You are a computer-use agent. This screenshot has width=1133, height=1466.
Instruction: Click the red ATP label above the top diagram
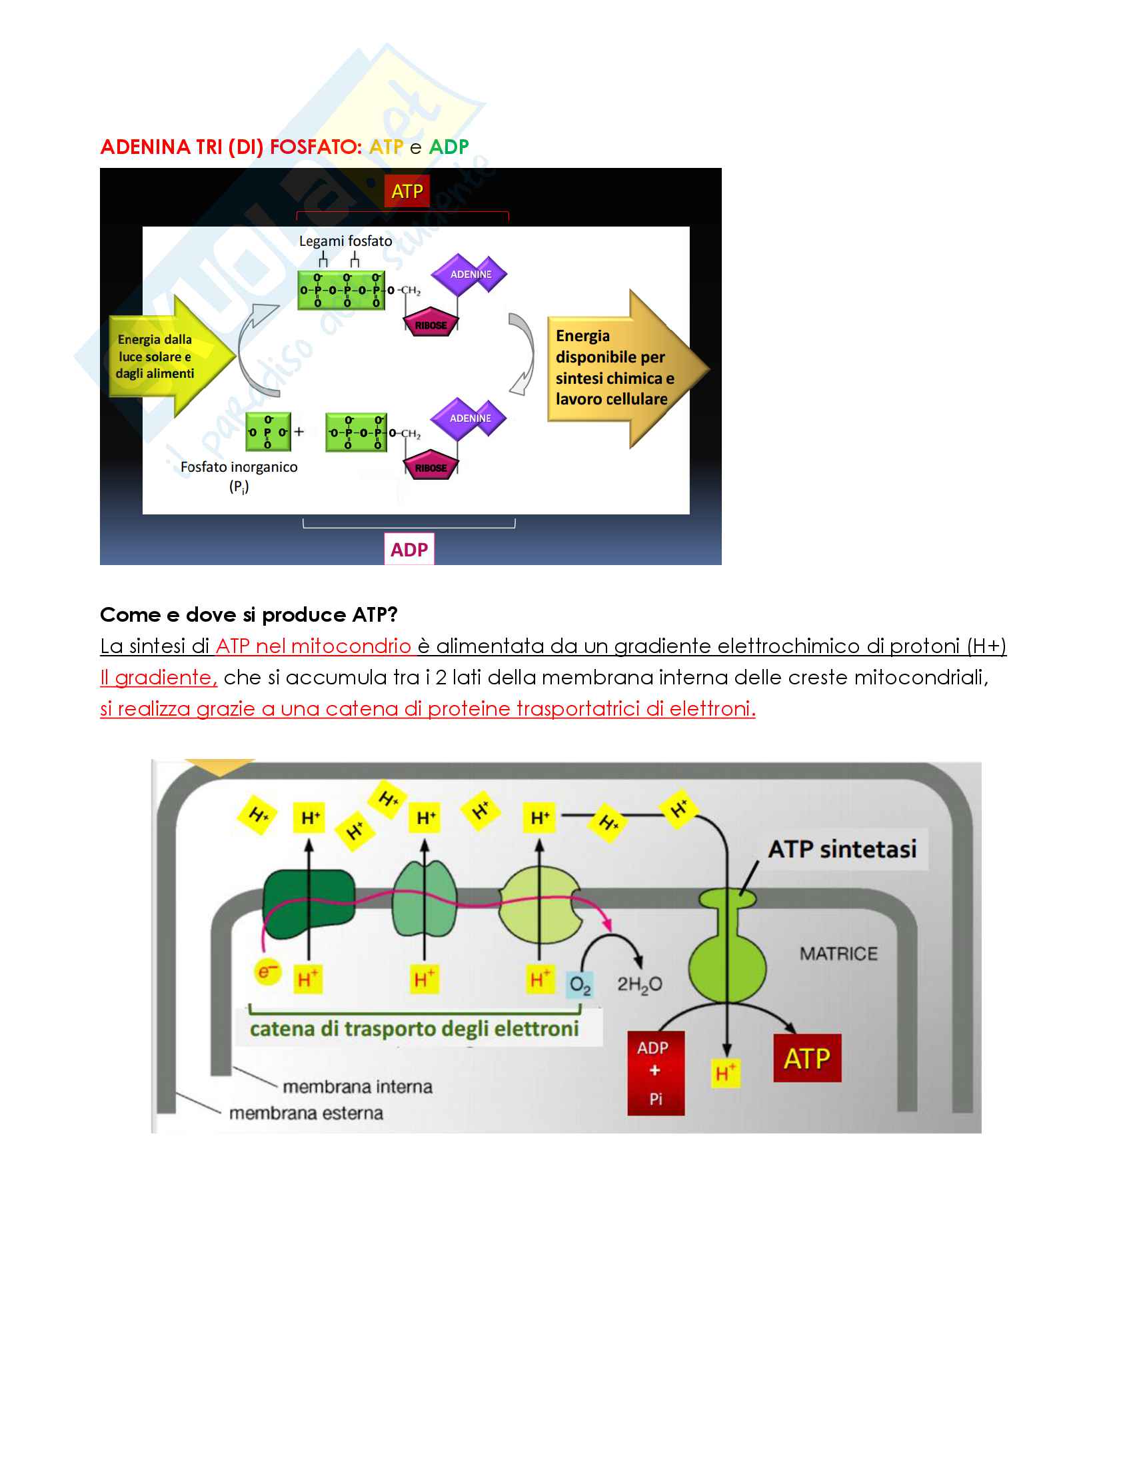coord(407,191)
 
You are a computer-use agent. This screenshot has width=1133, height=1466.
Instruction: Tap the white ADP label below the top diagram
coord(409,549)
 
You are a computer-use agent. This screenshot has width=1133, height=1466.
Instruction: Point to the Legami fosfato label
coord(345,241)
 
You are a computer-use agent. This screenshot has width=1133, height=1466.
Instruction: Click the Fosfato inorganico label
coord(239,467)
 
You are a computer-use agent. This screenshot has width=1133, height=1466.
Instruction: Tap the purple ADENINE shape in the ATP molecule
coord(470,275)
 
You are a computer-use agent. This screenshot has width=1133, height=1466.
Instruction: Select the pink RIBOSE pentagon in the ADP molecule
coord(431,468)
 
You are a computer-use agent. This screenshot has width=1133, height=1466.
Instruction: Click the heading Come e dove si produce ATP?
coord(249,614)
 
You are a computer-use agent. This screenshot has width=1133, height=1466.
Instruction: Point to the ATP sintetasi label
coord(842,849)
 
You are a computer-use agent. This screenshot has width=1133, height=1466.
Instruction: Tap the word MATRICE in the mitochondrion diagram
coord(838,954)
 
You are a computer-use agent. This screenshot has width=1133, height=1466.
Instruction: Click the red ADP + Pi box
coord(655,1073)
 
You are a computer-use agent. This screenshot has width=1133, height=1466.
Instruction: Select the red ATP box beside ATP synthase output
coord(807,1059)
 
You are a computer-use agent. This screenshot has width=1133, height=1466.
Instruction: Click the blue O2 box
coord(579,985)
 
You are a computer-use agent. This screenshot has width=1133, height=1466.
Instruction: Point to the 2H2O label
coord(639,985)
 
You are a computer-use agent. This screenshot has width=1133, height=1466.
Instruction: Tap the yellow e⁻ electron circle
coord(267,972)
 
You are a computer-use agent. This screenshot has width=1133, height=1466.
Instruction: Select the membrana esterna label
coord(306,1113)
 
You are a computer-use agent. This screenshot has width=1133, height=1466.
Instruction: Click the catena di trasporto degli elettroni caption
coord(414,1029)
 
